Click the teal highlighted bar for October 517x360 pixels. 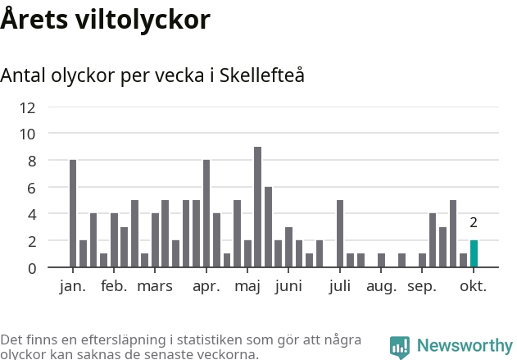[474, 253]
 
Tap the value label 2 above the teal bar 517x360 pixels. [474, 222]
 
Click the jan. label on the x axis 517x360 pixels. [73, 286]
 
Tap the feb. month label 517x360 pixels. [114, 286]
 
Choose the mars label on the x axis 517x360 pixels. [155, 286]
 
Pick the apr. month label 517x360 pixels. [206, 286]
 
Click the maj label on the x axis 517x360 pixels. [247, 287]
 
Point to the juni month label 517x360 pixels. [288, 287]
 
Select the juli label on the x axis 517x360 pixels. [339, 286]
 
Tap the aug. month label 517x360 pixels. [381, 287]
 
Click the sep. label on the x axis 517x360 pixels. [422, 287]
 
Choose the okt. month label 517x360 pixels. [473, 286]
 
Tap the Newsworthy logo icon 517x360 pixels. [400, 347]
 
